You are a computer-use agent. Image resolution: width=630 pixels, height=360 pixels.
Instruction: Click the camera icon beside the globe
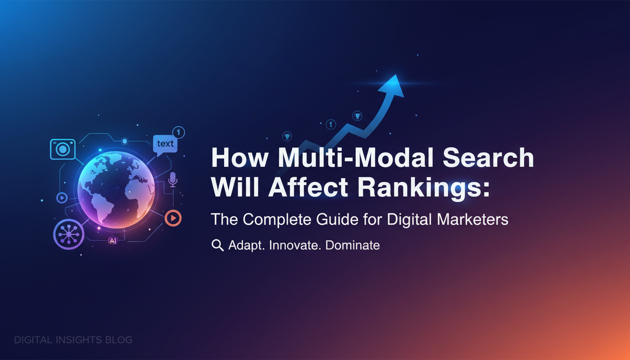63,149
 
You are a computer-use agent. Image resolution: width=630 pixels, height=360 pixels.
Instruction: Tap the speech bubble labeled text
165,144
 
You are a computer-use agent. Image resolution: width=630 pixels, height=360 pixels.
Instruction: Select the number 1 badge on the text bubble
178,133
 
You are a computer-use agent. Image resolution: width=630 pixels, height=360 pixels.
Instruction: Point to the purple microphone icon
172,180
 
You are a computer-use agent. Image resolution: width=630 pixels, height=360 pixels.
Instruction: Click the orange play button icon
173,218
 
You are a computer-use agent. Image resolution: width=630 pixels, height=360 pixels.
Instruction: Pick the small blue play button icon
62,198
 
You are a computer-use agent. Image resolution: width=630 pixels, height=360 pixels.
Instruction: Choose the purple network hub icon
68,234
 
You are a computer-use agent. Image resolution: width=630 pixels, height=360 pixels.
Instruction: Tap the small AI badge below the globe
113,240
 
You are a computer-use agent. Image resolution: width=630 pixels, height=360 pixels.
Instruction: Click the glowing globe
116,189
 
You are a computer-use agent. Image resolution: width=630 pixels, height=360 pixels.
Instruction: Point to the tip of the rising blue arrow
396,75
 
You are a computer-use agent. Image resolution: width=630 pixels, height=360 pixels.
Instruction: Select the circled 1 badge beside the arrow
331,124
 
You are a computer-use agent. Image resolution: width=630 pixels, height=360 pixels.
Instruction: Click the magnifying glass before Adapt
217,245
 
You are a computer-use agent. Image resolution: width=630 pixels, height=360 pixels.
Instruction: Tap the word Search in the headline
488,158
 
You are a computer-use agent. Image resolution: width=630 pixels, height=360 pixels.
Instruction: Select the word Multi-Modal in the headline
356,158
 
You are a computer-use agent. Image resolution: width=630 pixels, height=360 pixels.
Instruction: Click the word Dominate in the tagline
352,245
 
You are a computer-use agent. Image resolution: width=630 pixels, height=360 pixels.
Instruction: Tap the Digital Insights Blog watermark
73,340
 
